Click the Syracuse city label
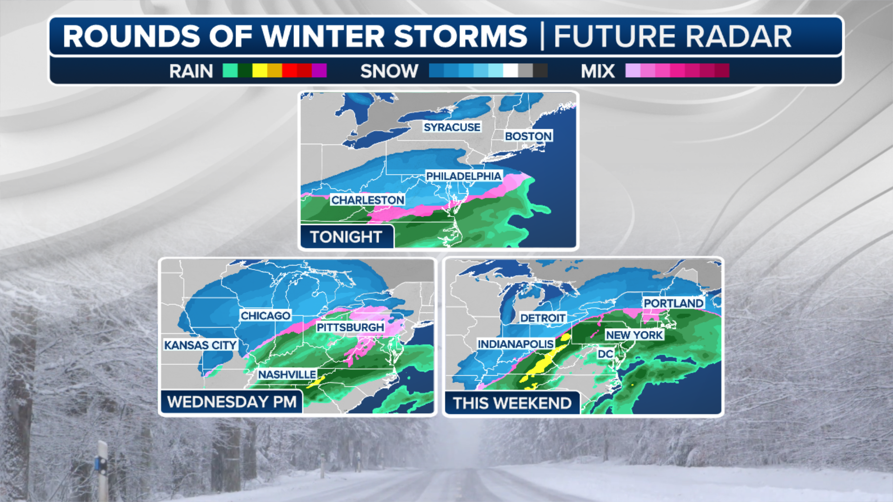452,127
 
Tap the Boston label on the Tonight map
528,136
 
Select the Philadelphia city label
464,176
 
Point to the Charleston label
367,200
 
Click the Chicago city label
265,316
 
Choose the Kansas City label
200,345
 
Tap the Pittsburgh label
350,327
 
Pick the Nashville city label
287,374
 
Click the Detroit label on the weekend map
543,318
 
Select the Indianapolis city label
515,344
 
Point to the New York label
634,335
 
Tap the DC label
605,354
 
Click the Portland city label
673,303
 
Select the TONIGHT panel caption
346,237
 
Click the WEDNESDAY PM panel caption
232,402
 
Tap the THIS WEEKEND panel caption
512,403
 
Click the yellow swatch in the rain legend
260,71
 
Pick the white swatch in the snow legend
511,71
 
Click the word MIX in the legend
598,71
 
